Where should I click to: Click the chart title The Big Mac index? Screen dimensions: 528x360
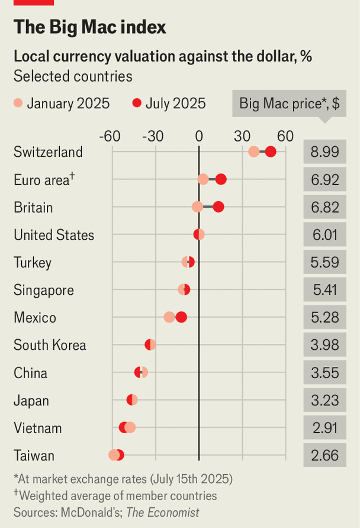point(89,27)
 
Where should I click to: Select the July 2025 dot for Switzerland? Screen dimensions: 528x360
point(271,152)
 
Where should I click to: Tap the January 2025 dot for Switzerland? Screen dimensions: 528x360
point(254,152)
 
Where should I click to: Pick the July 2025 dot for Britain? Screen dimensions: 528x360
point(218,207)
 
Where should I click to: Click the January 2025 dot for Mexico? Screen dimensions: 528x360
point(169,317)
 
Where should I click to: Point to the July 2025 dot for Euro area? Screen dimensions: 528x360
point(221,179)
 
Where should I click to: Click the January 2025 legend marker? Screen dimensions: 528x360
point(18,104)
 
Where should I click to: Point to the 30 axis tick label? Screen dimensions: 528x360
point(242,136)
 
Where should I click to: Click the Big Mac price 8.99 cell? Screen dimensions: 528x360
point(324,152)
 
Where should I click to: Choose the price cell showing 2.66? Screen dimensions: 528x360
point(324,455)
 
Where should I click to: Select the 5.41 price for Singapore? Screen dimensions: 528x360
point(324,290)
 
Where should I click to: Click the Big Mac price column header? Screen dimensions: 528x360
point(289,104)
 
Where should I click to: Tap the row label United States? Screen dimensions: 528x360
point(54,235)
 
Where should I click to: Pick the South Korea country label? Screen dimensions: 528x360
point(50,345)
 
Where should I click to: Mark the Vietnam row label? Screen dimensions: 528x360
point(38,428)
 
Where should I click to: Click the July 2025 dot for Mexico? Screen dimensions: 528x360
point(181,317)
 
